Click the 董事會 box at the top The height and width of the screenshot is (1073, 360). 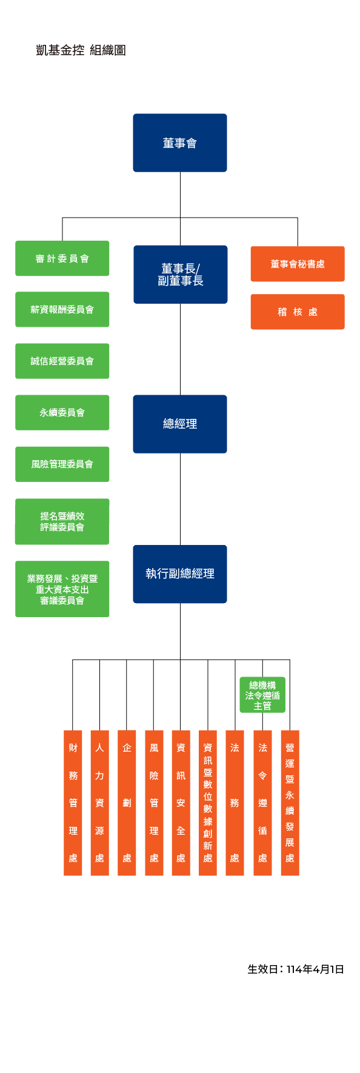tap(180, 143)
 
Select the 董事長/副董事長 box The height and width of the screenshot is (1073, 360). tap(181, 275)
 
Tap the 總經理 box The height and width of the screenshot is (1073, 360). tap(180, 424)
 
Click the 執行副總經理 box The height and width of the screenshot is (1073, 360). tap(180, 574)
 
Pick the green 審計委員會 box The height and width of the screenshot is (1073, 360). tap(62, 258)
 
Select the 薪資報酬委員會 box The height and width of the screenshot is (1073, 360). tap(62, 310)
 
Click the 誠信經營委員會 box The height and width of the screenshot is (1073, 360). tap(62, 361)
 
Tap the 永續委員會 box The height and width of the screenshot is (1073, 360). tap(62, 413)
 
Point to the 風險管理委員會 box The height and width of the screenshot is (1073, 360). tap(62, 464)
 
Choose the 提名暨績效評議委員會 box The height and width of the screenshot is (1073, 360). tap(62, 521)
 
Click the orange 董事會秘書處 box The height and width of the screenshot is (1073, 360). tap(298, 264)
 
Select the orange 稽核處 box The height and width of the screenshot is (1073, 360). tap(298, 312)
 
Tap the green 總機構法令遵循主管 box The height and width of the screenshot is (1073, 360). tap(262, 695)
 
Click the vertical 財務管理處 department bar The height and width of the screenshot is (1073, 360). tap(73, 803)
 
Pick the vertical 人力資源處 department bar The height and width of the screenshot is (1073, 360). tap(100, 803)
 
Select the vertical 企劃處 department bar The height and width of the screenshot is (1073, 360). tap(127, 803)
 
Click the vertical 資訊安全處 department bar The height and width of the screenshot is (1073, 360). tap(181, 803)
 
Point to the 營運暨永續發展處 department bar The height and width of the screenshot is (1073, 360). tap(290, 803)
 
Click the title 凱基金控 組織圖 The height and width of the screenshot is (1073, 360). tap(81, 50)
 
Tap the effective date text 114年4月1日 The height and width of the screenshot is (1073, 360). tap(315, 969)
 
